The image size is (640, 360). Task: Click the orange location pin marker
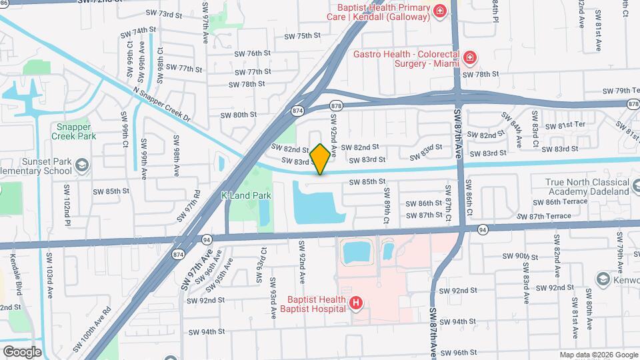[320, 159]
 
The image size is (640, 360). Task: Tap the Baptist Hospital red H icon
[356, 304]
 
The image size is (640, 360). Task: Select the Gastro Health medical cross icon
[470, 58]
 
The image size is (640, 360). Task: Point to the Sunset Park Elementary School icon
[81, 164]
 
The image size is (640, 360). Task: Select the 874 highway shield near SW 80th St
[297, 110]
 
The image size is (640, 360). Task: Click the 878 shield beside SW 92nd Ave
[336, 105]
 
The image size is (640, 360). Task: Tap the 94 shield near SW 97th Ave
[207, 239]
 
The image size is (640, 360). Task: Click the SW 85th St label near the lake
[369, 181]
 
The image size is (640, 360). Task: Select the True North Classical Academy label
[587, 186]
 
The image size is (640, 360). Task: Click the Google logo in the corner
[22, 351]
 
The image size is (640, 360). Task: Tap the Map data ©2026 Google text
[599, 355]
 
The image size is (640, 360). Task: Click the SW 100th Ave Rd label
[91, 329]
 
